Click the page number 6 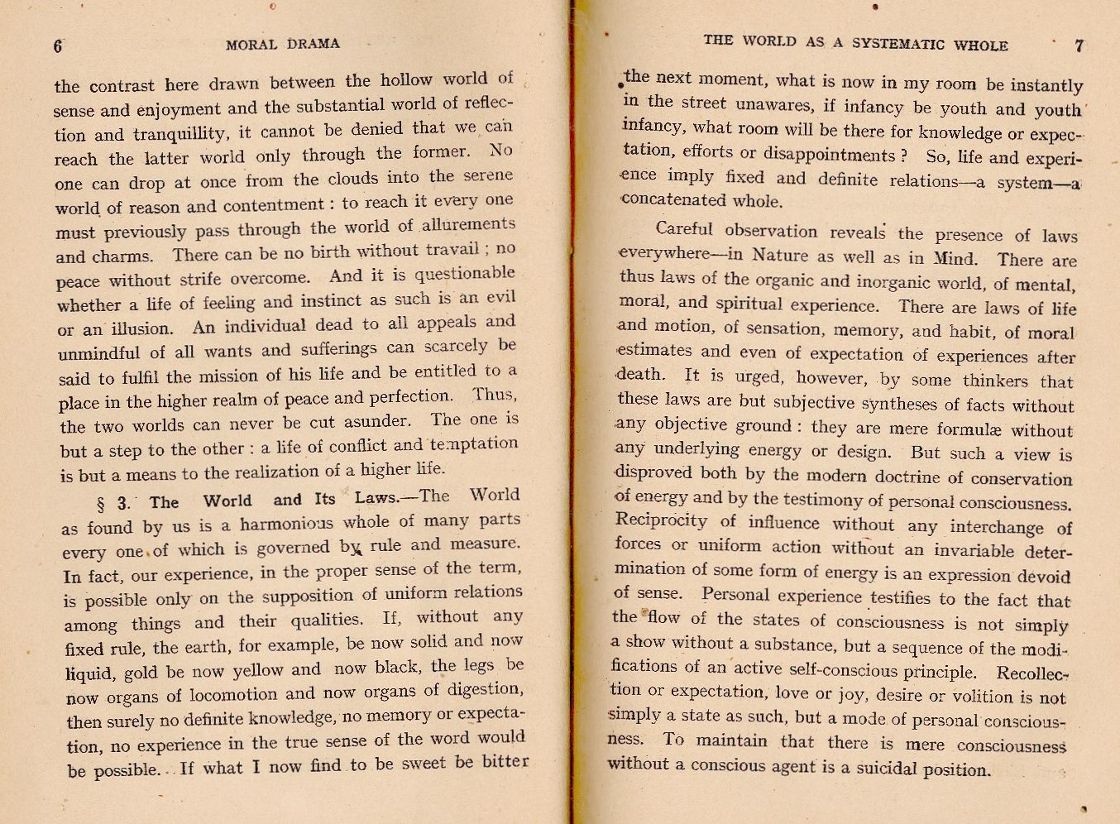58,46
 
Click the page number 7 1079,46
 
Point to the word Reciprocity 661,521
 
